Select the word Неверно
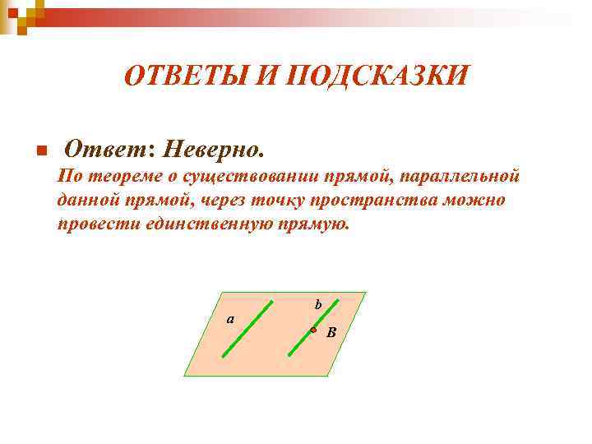[215, 150]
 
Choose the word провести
[88, 224]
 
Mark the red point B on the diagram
[313, 330]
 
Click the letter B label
[331, 333]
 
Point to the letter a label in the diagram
[231, 319]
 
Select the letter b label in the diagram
[318, 305]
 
